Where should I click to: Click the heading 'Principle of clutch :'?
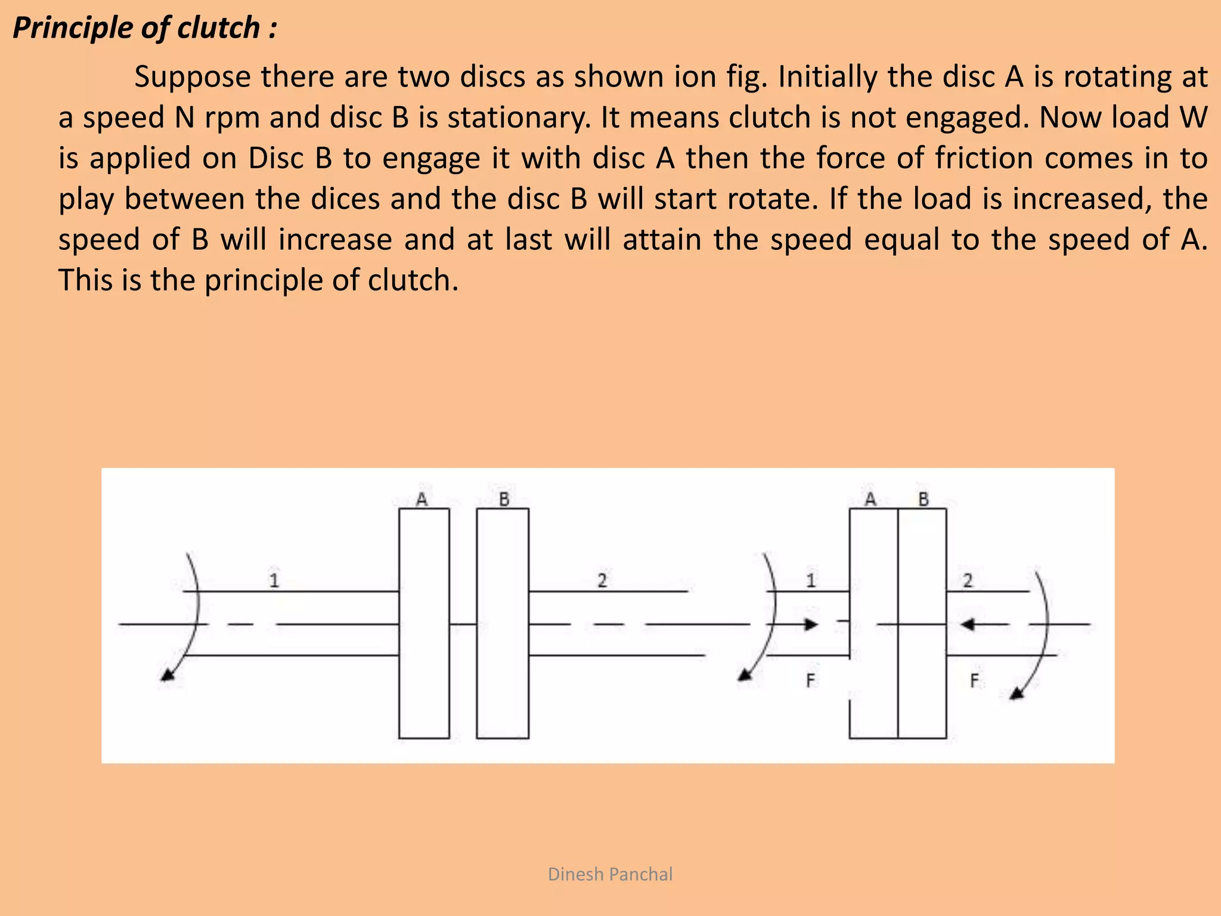click(x=145, y=28)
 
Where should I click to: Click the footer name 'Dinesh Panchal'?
click(x=610, y=874)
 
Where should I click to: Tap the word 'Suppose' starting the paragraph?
click(x=193, y=77)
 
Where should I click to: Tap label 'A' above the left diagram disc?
click(x=422, y=499)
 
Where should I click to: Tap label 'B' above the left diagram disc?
click(x=504, y=499)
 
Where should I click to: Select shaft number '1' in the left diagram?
click(x=274, y=580)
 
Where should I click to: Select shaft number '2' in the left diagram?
click(x=602, y=580)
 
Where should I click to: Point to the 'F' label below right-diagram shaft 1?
click(x=810, y=680)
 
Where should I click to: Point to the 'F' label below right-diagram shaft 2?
click(x=974, y=680)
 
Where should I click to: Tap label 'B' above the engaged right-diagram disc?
click(x=924, y=499)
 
